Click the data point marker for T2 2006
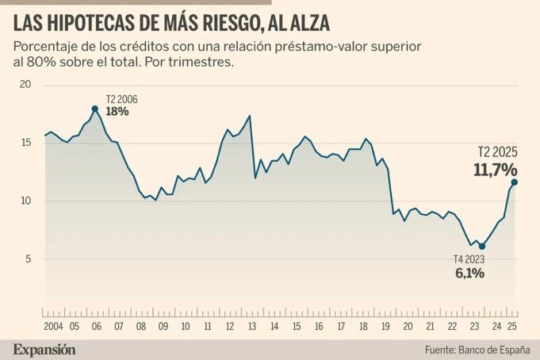click(x=94, y=109)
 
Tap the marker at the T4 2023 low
click(x=481, y=247)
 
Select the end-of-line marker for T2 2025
click(x=515, y=182)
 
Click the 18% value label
click(x=117, y=112)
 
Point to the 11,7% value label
click(x=495, y=169)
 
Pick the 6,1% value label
click(x=469, y=273)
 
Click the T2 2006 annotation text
click(x=121, y=99)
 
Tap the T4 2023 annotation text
click(x=469, y=259)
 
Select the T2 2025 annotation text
click(x=496, y=151)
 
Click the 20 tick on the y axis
click(x=24, y=85)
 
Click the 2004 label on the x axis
click(x=54, y=325)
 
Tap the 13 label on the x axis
click(x=251, y=325)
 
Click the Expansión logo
click(x=44, y=348)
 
